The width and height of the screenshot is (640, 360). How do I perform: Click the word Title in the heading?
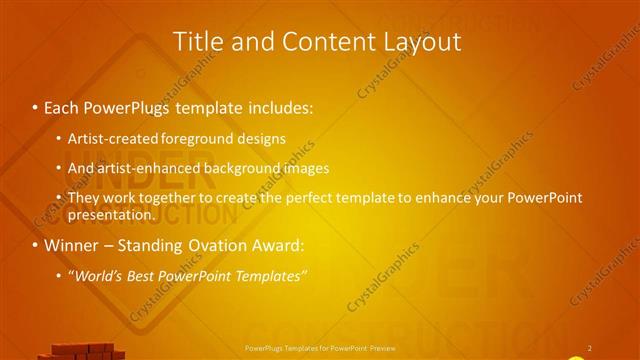point(197,41)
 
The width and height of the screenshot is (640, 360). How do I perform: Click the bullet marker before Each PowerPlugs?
point(36,106)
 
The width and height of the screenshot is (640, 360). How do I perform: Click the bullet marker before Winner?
point(36,245)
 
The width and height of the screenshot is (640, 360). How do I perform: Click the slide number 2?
point(590,348)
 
